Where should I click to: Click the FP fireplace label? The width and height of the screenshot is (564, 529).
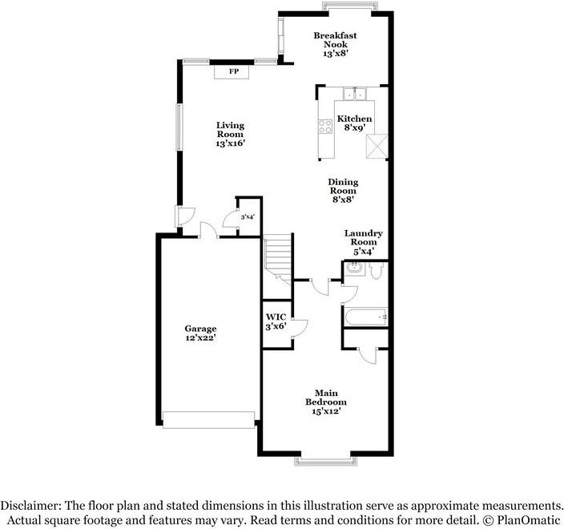pyautogui.click(x=234, y=71)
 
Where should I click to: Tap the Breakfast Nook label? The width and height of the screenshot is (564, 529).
pyautogui.click(x=335, y=40)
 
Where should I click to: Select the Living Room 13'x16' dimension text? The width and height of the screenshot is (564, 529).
pyautogui.click(x=230, y=143)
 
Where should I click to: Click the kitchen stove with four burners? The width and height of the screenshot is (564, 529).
pyautogui.click(x=325, y=127)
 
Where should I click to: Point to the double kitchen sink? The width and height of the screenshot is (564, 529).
pyautogui.click(x=354, y=94)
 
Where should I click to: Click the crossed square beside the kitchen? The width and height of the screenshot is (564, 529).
pyautogui.click(x=377, y=146)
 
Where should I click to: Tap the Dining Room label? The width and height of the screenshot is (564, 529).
pyautogui.click(x=343, y=187)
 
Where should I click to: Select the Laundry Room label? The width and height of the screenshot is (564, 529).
pyautogui.click(x=363, y=237)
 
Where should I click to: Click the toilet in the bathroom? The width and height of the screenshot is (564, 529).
pyautogui.click(x=377, y=271)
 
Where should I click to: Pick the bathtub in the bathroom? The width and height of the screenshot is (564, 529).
pyautogui.click(x=366, y=317)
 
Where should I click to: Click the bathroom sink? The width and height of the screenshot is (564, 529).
pyautogui.click(x=354, y=268)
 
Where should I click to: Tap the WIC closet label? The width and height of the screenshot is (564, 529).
pyautogui.click(x=276, y=317)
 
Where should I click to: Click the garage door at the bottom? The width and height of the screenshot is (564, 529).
pyautogui.click(x=208, y=420)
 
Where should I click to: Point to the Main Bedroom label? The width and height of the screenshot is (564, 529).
pyautogui.click(x=326, y=398)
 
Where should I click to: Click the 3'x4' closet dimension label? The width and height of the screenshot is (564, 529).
pyautogui.click(x=248, y=217)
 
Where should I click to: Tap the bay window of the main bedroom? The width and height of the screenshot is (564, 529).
pyautogui.click(x=325, y=461)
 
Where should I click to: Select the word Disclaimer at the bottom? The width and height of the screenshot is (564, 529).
pyautogui.click(x=30, y=506)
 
